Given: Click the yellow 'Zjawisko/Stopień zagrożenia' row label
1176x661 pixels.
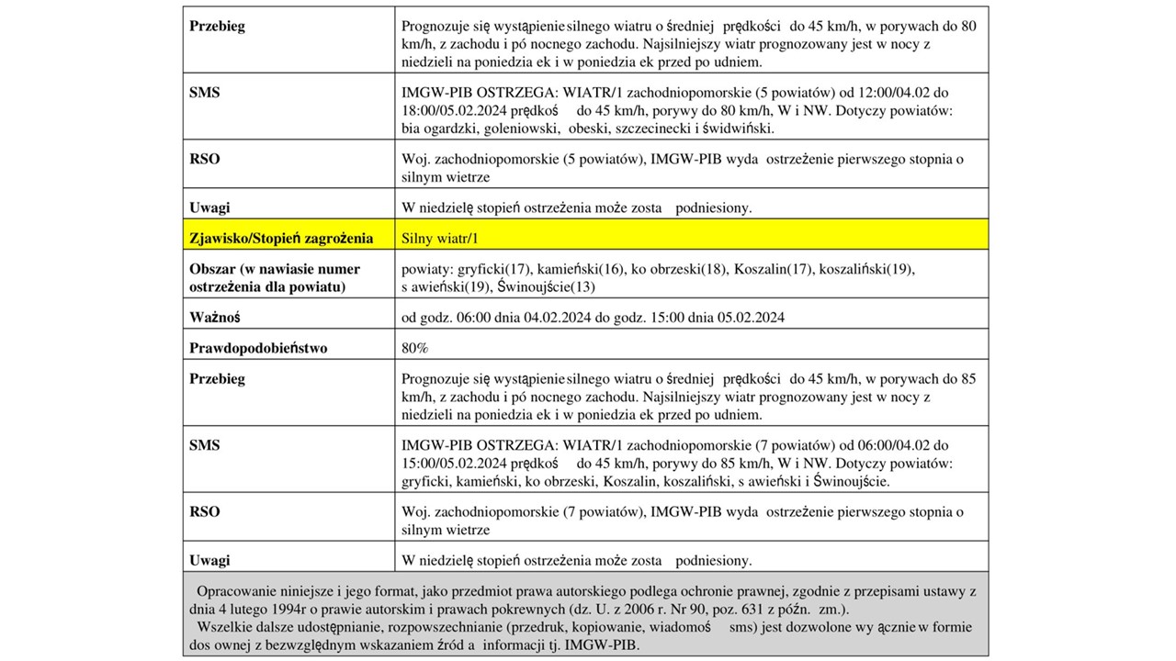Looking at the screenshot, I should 281,239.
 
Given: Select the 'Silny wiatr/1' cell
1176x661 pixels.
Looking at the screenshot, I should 441,239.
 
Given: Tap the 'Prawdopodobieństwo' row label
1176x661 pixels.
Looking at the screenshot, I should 258,348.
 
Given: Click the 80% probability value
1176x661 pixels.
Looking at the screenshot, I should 415,348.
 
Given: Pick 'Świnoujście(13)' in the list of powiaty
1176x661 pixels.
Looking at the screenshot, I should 546,287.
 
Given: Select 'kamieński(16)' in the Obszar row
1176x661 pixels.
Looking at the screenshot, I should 581,269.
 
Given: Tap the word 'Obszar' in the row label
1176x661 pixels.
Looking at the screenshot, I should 212,269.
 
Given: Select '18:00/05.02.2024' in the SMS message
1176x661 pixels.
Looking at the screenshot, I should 452,110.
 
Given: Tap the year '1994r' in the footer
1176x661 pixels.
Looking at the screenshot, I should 293,610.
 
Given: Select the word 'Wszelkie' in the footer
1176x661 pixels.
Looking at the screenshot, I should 226,627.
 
